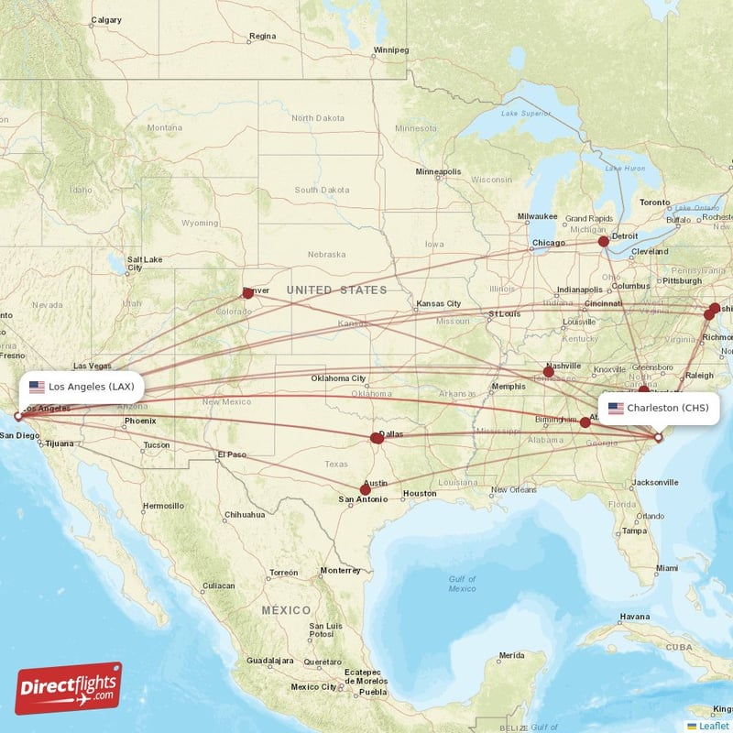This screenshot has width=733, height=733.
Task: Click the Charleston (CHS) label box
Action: tap(657, 408)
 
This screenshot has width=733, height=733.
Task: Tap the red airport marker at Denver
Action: tap(247, 293)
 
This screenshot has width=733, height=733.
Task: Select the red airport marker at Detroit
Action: tap(603, 242)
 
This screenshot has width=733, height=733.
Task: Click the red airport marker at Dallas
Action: tap(377, 438)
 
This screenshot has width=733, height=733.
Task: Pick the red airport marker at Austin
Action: tap(365, 489)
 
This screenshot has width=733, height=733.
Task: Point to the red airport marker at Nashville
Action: tap(548, 372)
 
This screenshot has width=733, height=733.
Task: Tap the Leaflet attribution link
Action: tap(713, 726)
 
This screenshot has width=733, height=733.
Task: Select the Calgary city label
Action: tap(106, 19)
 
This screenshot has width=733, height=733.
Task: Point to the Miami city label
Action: tap(668, 569)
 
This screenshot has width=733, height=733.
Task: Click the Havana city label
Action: tap(633, 617)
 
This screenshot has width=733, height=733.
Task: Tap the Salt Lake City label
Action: tap(145, 263)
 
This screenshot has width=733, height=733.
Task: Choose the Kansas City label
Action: tap(438, 303)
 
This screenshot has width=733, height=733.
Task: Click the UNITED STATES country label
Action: tap(336, 290)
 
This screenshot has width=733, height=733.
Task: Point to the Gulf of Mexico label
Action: tap(462, 584)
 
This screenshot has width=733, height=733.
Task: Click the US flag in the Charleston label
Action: tap(615, 408)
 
